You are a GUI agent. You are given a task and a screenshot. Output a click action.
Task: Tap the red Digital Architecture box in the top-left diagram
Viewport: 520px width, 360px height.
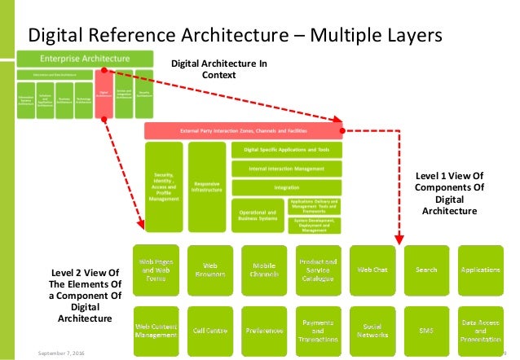[x=104, y=94]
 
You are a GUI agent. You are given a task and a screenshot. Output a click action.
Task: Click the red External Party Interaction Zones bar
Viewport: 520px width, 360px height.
[x=243, y=130]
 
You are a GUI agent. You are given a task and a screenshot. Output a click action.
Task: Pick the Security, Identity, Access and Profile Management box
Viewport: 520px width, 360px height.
[x=164, y=187]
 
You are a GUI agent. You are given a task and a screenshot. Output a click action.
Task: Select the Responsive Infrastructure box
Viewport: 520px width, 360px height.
[x=206, y=187]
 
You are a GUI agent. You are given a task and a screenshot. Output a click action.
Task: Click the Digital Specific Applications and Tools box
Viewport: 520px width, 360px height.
[x=286, y=150]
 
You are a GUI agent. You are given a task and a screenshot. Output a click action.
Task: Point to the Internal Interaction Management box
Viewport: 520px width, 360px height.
[x=286, y=169]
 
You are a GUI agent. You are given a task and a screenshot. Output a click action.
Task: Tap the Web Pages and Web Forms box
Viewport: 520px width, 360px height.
[x=156, y=269]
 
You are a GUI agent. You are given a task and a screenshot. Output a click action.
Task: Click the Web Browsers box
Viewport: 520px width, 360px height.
[x=209, y=269]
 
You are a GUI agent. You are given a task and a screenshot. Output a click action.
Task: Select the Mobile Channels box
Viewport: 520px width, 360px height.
[x=263, y=269]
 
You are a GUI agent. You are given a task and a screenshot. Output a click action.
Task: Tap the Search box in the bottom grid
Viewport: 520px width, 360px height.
[x=425, y=269]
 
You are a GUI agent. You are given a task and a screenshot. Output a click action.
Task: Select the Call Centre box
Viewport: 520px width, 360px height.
[x=209, y=330]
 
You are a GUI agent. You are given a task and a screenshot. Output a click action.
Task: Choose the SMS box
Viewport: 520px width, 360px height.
[x=425, y=330]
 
